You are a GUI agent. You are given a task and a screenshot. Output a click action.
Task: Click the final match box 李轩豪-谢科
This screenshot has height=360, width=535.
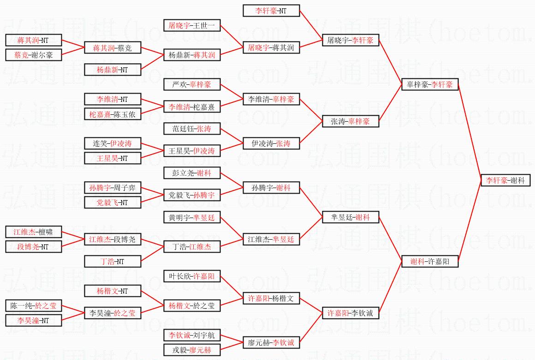pyautogui.click(x=505, y=180)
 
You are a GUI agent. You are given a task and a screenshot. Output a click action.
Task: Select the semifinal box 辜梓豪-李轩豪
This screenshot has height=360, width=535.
pyautogui.click(x=430, y=84)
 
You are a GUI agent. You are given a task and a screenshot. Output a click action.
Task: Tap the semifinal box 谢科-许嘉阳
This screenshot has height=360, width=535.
pyautogui.click(x=430, y=261)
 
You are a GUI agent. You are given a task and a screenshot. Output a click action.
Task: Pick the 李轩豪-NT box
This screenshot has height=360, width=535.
pyautogui.click(x=271, y=11)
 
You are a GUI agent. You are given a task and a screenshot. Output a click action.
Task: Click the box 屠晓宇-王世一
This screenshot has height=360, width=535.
pyautogui.click(x=192, y=25)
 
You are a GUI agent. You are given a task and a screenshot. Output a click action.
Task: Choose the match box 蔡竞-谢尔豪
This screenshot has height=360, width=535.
pyautogui.click(x=34, y=55)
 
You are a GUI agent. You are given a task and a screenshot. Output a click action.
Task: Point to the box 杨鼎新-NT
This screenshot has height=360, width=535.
pyautogui.click(x=113, y=70)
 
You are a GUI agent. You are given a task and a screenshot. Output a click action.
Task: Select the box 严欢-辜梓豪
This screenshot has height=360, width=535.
pyautogui.click(x=192, y=84)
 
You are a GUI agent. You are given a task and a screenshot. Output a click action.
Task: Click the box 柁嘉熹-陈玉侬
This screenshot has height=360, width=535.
pyautogui.click(x=113, y=114)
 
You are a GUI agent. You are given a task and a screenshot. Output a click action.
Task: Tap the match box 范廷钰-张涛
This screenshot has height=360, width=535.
pyautogui.click(x=192, y=129)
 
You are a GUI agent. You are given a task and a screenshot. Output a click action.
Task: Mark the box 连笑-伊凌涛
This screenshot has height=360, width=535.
pyautogui.click(x=113, y=143)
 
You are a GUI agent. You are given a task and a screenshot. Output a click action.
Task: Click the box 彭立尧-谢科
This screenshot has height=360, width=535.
pyautogui.click(x=192, y=173)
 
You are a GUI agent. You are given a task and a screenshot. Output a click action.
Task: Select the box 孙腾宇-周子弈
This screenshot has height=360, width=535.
pyautogui.click(x=113, y=188)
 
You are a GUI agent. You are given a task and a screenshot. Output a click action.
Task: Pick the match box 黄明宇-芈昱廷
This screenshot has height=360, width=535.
pyautogui.click(x=192, y=217)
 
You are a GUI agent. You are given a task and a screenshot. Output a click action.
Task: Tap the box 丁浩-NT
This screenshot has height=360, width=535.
pyautogui.click(x=113, y=261)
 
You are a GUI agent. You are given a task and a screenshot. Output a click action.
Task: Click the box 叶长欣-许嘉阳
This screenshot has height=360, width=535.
pyautogui.click(x=192, y=276)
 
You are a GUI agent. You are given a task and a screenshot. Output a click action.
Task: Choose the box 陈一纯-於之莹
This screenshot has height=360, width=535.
pyautogui.click(x=34, y=306)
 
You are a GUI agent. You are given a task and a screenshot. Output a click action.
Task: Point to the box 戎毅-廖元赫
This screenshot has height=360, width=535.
pyautogui.click(x=192, y=350)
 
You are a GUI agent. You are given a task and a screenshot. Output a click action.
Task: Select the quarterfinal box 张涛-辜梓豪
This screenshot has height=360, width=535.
pyautogui.click(x=351, y=121)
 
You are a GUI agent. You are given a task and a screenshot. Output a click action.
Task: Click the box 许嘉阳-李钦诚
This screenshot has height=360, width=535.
pyautogui.click(x=351, y=313)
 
